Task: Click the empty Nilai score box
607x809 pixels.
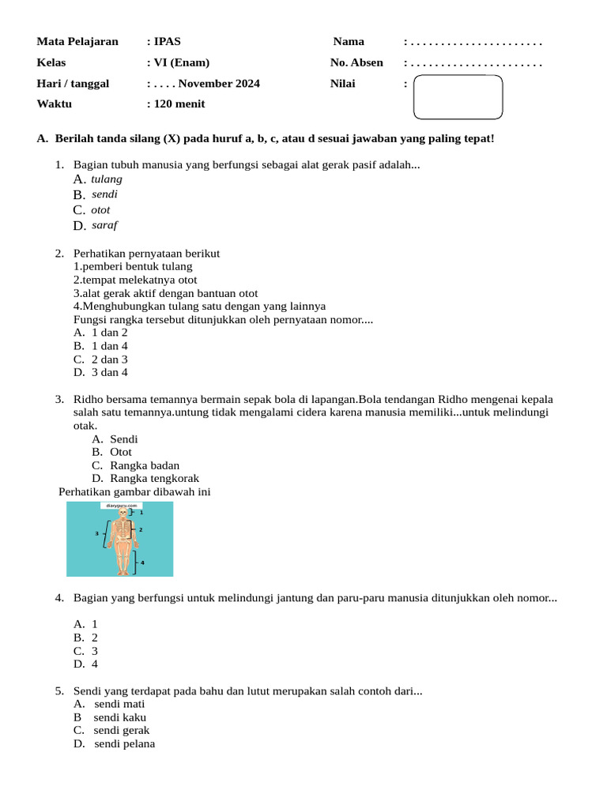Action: pyautogui.click(x=458, y=96)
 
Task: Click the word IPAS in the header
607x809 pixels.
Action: pyautogui.click(x=168, y=42)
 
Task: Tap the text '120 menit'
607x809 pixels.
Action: pyautogui.click(x=179, y=103)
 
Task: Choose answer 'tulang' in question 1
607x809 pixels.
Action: pyautogui.click(x=107, y=179)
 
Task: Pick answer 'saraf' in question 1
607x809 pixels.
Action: pyautogui.click(x=104, y=225)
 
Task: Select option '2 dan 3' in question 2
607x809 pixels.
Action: pyautogui.click(x=110, y=359)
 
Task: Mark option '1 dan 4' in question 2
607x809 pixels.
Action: pyautogui.click(x=110, y=346)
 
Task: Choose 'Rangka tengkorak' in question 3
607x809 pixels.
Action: pyautogui.click(x=154, y=478)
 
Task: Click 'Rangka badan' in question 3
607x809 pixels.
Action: pyautogui.click(x=145, y=465)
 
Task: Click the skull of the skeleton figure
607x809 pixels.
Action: pyautogui.click(x=122, y=514)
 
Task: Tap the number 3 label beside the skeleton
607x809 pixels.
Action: pyautogui.click(x=97, y=534)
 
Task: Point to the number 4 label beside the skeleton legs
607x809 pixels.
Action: pyautogui.click(x=142, y=563)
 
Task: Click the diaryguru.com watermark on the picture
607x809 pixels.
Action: pyautogui.click(x=121, y=505)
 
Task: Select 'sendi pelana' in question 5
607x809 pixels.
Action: pyautogui.click(x=124, y=743)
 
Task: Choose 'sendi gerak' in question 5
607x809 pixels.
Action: pyautogui.click(x=121, y=730)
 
